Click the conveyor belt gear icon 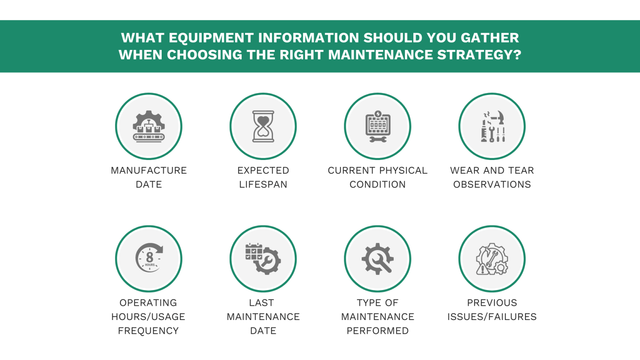pos(149,126)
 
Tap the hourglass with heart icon pos(263,126)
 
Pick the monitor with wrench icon pos(377,126)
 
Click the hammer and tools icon pos(492,126)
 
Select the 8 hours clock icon pos(149,258)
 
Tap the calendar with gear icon pos(263,258)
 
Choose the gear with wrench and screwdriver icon pos(377,258)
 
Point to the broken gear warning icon pos(492,258)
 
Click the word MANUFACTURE pos(149,170)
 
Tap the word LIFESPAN pos(263,185)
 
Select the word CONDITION pos(377,185)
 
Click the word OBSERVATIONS pos(492,185)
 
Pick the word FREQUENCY pos(148,331)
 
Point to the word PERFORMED pos(377,331)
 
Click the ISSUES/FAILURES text pos(492,317)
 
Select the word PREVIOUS pos(492,303)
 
